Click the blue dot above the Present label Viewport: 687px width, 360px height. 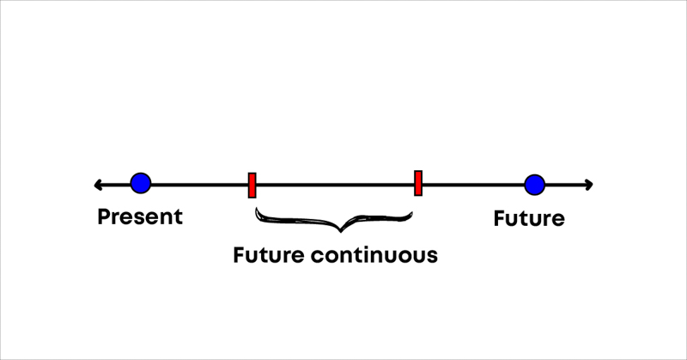click(x=141, y=182)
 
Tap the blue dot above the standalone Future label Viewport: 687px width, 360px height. click(x=534, y=184)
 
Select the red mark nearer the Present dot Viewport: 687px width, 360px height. click(x=252, y=185)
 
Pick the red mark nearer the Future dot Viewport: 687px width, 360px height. click(x=418, y=183)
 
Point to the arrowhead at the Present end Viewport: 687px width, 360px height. click(x=98, y=184)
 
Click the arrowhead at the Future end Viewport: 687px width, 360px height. click(x=588, y=184)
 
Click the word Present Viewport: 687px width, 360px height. click(x=140, y=217)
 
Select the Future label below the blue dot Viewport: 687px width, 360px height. click(x=529, y=218)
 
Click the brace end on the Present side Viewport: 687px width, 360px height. click(x=257, y=209)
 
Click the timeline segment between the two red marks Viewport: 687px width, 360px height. click(x=335, y=184)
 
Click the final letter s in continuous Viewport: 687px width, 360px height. click(x=432, y=256)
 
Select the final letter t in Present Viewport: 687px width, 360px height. click(x=178, y=217)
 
